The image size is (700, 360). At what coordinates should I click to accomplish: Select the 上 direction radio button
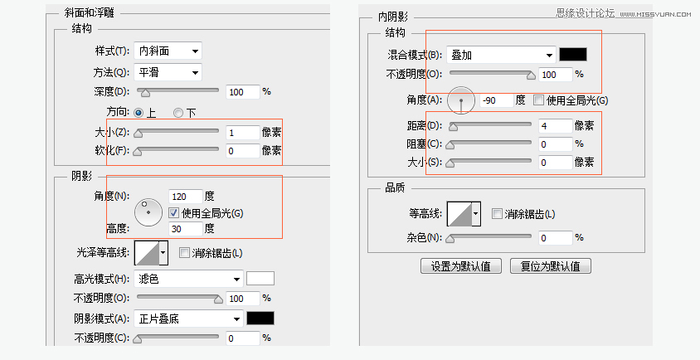(x=139, y=112)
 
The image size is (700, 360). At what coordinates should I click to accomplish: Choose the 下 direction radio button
(x=178, y=112)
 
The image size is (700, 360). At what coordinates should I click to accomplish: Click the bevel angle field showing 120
(x=185, y=197)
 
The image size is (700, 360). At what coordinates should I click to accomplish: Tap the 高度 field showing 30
(x=185, y=228)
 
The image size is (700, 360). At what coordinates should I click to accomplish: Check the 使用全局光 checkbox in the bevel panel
(x=174, y=212)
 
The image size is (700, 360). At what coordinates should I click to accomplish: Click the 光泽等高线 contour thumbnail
(x=147, y=252)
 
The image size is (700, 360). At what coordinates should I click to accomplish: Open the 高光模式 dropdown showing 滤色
(x=189, y=279)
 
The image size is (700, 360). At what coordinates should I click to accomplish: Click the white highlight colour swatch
(x=260, y=279)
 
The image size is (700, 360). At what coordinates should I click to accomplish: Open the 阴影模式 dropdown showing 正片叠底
(x=189, y=319)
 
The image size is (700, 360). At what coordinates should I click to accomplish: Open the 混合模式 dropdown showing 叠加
(x=501, y=55)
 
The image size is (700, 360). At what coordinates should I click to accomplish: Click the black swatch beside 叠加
(x=573, y=55)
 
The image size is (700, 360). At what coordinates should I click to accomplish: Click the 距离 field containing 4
(x=555, y=126)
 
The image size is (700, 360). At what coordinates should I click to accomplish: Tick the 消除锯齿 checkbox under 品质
(x=498, y=214)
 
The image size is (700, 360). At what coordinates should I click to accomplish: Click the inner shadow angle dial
(x=460, y=100)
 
